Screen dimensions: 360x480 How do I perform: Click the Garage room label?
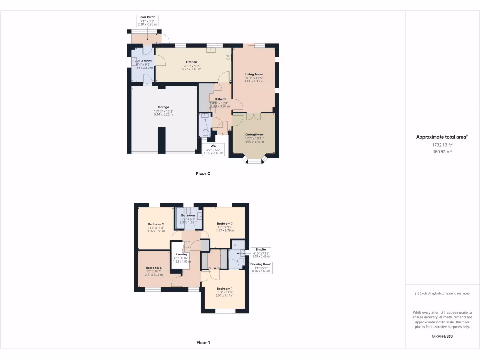164,107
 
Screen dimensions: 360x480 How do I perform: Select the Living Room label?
254,74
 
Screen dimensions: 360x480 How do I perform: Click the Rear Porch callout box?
147,21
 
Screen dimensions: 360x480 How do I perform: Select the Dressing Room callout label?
261,268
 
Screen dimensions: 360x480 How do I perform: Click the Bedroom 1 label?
225,289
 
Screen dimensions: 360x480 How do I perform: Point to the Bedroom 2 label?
156,225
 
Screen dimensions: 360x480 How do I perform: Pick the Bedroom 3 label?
225,224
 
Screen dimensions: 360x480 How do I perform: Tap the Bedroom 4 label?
154,268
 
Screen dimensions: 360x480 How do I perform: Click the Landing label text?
182,255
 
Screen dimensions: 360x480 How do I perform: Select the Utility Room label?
143,61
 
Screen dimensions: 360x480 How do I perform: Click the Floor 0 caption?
203,173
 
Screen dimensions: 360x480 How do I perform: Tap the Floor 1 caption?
203,343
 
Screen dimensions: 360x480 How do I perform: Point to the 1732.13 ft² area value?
442,145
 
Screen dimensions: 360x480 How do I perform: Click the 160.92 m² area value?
442,152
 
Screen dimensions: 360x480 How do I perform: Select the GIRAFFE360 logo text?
442,336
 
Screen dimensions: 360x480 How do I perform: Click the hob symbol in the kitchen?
228,58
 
